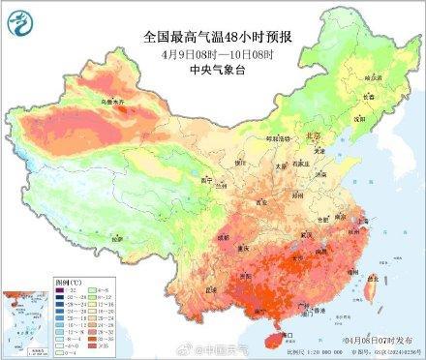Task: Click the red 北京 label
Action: [x=313, y=138]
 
